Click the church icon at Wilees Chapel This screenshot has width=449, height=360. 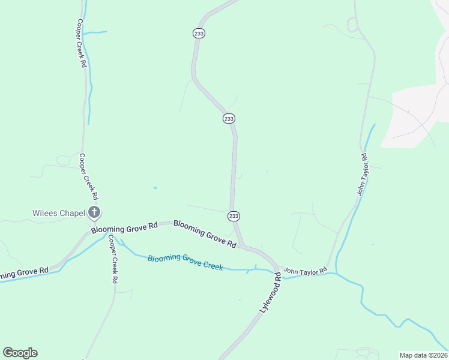[94, 212]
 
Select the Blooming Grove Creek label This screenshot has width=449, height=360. [185, 262]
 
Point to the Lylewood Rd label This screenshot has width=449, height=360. [270, 292]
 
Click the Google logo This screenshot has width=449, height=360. [20, 352]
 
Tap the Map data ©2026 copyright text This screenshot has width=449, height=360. [423, 355]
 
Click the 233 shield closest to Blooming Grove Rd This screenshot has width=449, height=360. [234, 216]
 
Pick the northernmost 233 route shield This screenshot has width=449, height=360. [199, 34]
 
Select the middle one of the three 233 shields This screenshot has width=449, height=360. [229, 119]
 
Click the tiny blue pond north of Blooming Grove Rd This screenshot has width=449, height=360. [155, 188]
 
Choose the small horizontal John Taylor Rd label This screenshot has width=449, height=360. [306, 271]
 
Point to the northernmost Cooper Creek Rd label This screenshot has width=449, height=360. [81, 43]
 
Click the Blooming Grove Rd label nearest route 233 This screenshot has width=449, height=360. [205, 233]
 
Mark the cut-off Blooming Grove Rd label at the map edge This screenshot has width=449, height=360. [24, 274]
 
